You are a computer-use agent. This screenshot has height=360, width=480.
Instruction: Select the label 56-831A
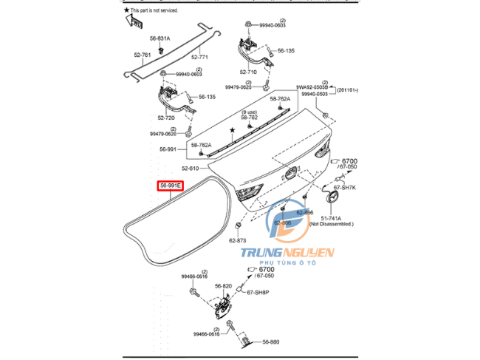(x=160, y=38)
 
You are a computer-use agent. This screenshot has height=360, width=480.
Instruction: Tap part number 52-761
(x=143, y=55)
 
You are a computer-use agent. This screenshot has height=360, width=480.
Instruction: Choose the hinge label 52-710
(x=248, y=72)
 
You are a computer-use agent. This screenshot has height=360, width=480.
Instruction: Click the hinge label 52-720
(x=166, y=118)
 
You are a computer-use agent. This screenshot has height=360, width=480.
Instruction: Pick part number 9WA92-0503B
(x=317, y=86)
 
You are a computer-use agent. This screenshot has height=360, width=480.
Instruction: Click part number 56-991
(x=168, y=149)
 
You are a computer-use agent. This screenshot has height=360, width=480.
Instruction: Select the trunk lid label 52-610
(x=191, y=168)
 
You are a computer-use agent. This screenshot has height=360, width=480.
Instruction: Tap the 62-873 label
(x=237, y=240)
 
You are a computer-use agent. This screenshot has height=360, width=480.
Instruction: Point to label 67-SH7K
(x=345, y=189)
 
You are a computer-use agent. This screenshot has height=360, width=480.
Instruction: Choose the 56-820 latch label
(x=224, y=286)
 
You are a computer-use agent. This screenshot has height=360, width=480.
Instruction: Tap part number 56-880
(x=270, y=342)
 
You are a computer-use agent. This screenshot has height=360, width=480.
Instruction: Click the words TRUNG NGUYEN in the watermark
(x=289, y=254)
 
